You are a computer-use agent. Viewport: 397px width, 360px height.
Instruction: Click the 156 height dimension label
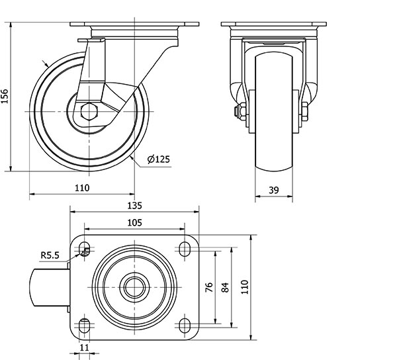pos(5,96)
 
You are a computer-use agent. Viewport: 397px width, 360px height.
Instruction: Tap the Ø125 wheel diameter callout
pos(159,159)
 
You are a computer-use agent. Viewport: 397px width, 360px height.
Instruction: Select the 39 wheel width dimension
pos(274,190)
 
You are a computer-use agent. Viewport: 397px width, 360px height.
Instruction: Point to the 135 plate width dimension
pos(134,206)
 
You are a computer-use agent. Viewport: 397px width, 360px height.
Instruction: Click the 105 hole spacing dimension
pos(134,222)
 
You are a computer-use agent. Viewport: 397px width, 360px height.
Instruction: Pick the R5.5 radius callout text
pos(50,255)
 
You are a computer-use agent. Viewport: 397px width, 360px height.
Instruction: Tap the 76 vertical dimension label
pos(209,287)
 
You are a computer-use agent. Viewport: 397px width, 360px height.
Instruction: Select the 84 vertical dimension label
pos(225,287)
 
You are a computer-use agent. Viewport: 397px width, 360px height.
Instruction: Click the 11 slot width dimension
pos(84,347)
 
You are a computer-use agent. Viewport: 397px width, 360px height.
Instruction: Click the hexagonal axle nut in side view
pos(89,111)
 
